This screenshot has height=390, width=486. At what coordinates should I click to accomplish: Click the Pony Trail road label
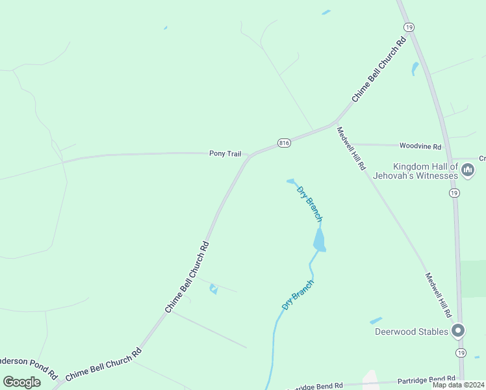pyautogui.click(x=225, y=154)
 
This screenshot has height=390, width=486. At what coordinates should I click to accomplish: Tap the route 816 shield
pyautogui.click(x=283, y=143)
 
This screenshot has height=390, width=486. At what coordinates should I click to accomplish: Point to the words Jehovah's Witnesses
pyautogui.click(x=426, y=175)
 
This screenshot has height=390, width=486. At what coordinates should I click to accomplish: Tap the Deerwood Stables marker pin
pyautogui.click(x=458, y=331)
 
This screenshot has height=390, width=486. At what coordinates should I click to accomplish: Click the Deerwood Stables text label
pyautogui.click(x=412, y=332)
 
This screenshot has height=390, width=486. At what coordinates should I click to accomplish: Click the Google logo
pyautogui.click(x=21, y=382)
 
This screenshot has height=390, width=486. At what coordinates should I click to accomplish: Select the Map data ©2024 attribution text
pyautogui.click(x=459, y=385)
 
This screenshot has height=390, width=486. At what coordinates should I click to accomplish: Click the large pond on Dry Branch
pyautogui.click(x=319, y=241)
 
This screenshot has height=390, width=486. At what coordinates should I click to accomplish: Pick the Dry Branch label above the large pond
pyautogui.click(x=309, y=203)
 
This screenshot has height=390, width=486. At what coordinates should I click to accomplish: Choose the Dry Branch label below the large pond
pyautogui.click(x=298, y=294)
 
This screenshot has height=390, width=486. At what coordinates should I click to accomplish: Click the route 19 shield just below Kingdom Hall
pyautogui.click(x=454, y=194)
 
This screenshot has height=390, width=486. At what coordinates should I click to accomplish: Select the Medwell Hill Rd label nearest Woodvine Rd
pyautogui.click(x=351, y=148)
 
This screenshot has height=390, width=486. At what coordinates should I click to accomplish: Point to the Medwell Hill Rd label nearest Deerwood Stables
pyautogui.click(x=438, y=294)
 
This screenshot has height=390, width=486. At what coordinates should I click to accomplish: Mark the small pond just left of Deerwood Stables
pyautogui.click(x=376, y=321)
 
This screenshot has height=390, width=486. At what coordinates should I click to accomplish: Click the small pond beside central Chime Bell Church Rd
pyautogui.click(x=213, y=289)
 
